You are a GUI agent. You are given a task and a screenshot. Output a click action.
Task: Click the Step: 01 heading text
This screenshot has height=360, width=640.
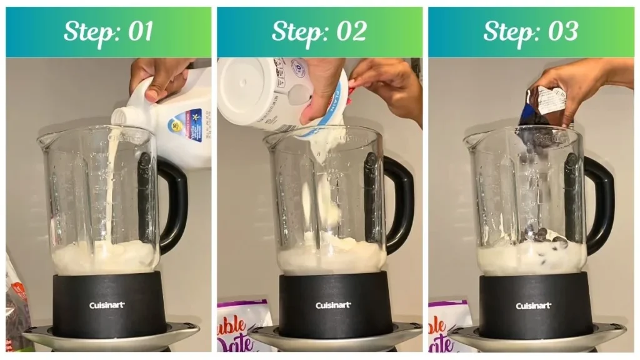pyautogui.click(x=108, y=32)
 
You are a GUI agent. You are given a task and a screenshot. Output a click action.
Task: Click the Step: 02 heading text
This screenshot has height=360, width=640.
pyautogui.click(x=319, y=32)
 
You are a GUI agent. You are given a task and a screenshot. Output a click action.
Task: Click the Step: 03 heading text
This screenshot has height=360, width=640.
pyautogui.click(x=530, y=32)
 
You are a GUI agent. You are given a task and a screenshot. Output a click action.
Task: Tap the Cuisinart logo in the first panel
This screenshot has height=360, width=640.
pyautogui.click(x=107, y=305)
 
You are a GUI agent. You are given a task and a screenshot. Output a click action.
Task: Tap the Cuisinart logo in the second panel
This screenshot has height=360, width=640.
pyautogui.click(x=332, y=306)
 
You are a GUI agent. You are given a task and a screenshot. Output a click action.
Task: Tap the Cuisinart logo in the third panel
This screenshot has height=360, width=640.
pyautogui.click(x=533, y=306)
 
